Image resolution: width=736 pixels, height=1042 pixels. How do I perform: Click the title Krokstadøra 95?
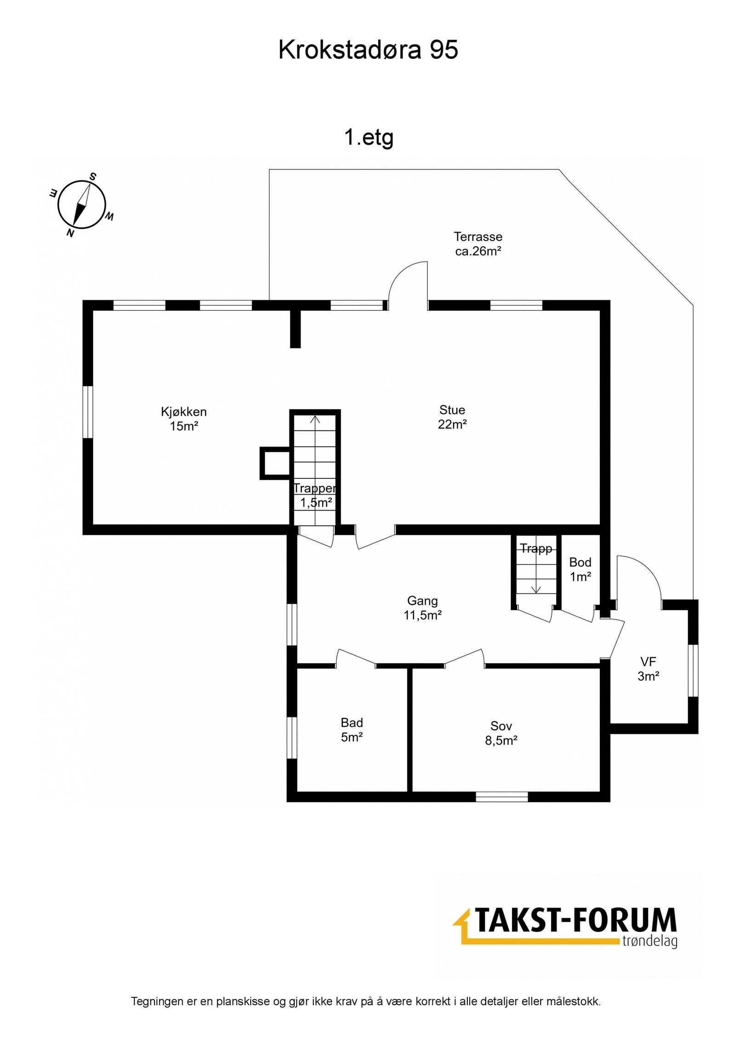368,50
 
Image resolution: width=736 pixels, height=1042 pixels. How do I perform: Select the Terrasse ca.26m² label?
478,244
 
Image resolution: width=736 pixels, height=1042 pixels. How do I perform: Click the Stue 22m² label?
452,417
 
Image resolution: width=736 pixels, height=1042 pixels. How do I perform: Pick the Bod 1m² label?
580,569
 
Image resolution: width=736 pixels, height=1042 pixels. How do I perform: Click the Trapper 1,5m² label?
316,495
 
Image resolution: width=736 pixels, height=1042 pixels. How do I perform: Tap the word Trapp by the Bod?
536,548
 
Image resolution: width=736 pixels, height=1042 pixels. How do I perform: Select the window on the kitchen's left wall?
88,412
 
